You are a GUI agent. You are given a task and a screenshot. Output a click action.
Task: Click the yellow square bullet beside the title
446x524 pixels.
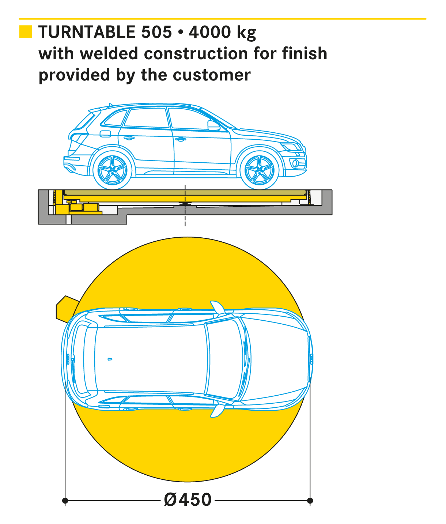tap(26, 32)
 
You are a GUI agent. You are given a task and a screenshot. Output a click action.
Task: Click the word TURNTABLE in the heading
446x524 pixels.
tap(87, 32)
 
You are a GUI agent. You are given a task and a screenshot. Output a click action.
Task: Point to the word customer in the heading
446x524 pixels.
tap(212, 75)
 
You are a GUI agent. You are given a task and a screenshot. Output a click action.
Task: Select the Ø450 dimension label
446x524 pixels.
tap(188, 500)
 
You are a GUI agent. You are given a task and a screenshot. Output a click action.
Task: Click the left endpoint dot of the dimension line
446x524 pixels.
tap(65, 500)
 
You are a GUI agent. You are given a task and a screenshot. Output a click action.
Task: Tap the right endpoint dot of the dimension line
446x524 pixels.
tap(310, 500)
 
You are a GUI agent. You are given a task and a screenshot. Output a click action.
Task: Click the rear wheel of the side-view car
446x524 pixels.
tap(112, 170)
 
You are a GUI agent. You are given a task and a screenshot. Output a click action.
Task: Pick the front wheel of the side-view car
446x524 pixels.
tap(260, 170)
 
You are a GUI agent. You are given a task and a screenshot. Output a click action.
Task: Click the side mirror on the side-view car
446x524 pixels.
tap(213, 125)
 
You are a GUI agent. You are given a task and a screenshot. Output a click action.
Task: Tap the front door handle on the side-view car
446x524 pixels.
tap(180, 139)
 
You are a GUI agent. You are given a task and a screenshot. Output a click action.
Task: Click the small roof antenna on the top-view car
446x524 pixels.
tap(110, 359)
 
